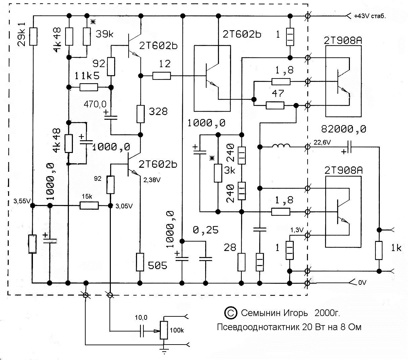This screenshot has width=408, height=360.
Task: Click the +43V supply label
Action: pyautogui.click(x=370, y=16)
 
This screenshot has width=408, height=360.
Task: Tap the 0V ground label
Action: pyautogui.click(x=362, y=283)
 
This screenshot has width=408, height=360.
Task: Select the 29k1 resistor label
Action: pyautogui.click(x=22, y=34)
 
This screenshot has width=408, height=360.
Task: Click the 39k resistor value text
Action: pyautogui.click(x=104, y=34)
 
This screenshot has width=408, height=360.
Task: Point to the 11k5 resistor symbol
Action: pyautogui.click(x=89, y=87)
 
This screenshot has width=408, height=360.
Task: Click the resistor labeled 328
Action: pyautogui.click(x=140, y=114)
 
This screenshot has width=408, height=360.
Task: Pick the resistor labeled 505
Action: pyautogui.click(x=140, y=262)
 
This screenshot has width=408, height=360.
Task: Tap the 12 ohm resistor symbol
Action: pyautogui.click(x=162, y=76)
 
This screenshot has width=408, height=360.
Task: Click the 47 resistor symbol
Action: pyautogui.click(x=275, y=105)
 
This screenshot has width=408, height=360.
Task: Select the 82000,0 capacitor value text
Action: pyautogui.click(x=343, y=129)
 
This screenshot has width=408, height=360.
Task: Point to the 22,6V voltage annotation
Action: pyautogui.click(x=322, y=143)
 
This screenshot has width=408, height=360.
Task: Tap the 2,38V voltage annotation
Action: pyautogui.click(x=152, y=180)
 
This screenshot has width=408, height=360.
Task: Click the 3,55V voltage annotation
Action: pyautogui.click(x=22, y=201)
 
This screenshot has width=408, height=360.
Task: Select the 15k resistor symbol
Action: pyautogui.click(x=89, y=206)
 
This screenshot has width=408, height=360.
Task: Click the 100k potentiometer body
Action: pyautogui.click(x=164, y=330)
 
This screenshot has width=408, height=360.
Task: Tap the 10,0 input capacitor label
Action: pyautogui.click(x=141, y=317)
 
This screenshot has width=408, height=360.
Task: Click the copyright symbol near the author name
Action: pyautogui.click(x=231, y=313)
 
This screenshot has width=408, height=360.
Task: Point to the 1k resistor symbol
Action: pyautogui.click(x=379, y=251)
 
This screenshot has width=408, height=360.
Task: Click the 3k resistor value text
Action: pyautogui.click(x=229, y=171)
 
